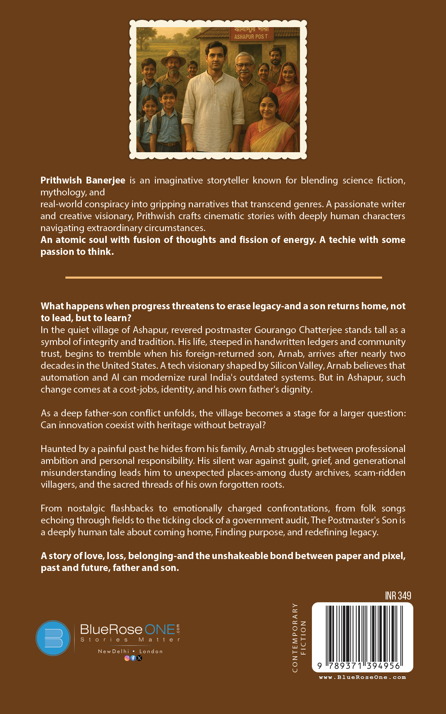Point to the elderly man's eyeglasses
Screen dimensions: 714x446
245,65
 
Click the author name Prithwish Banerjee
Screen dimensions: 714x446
83,180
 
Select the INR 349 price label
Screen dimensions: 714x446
398,596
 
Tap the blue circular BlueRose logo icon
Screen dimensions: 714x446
53,638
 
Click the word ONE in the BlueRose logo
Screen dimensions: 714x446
160,630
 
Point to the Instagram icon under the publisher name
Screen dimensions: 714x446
127,658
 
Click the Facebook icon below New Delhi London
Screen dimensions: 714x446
133,658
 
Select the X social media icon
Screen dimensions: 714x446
139,658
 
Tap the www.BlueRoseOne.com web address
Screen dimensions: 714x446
362,677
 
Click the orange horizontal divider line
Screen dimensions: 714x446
224,277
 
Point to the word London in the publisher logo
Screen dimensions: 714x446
151,651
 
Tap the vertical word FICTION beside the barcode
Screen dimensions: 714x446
303,637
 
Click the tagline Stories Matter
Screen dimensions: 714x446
130,640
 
